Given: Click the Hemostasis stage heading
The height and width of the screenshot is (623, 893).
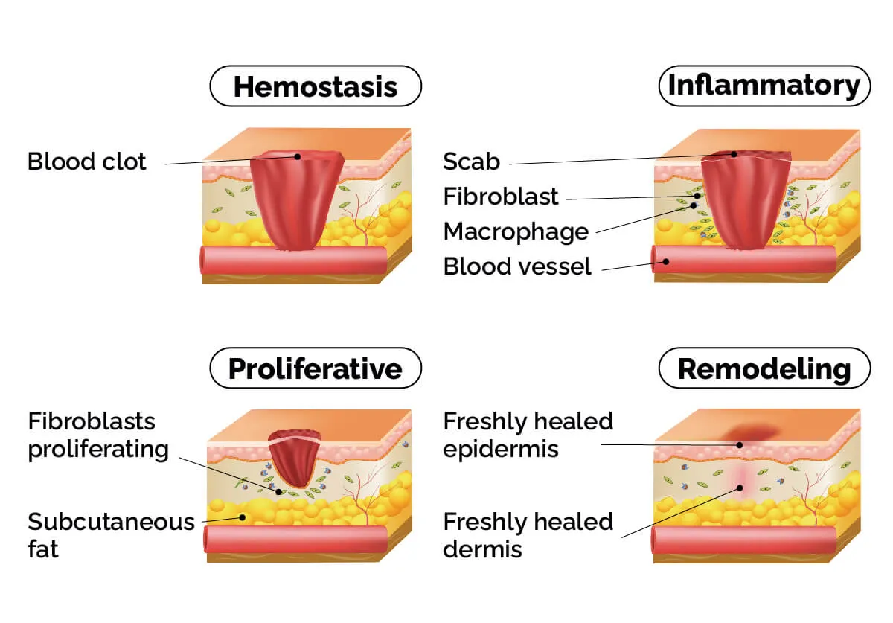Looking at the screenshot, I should click(316, 86).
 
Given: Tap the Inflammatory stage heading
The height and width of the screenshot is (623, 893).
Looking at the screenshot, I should click(764, 86).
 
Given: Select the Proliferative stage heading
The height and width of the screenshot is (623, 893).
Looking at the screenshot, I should click(316, 368).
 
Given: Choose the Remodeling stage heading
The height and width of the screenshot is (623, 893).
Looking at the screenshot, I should click(764, 368).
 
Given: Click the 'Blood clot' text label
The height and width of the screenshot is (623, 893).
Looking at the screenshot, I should click(87, 162).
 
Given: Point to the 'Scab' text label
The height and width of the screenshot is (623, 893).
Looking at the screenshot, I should click(471, 162).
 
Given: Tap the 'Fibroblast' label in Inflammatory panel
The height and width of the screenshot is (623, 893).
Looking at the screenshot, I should click(501, 197).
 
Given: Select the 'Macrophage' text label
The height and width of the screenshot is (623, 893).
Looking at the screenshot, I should click(516, 231).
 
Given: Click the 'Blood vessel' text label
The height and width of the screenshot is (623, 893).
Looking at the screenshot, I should click(517, 266).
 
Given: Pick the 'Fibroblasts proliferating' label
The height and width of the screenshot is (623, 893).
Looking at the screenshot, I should click(98, 435).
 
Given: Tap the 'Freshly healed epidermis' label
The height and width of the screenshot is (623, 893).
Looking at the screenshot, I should click(528, 435).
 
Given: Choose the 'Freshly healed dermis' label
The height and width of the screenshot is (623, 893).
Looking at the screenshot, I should click(528, 535).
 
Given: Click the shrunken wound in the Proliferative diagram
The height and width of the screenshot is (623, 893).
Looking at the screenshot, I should click(295, 458).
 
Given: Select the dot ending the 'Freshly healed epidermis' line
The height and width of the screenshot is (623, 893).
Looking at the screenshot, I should click(740, 444).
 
